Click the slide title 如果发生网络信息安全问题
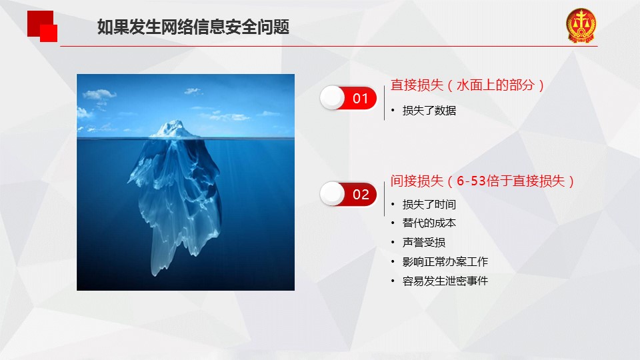coord(193,27)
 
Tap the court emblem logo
coord(581,26)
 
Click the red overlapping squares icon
coord(42,26)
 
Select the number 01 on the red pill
coord(361,99)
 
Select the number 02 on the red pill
coord(361,194)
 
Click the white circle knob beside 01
coord(333,98)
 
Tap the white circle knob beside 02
coord(333,194)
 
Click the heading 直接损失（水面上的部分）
coord(467,85)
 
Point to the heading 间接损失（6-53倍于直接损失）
coord(482,181)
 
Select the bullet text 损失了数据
coord(429,111)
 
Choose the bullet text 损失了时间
coord(429,204)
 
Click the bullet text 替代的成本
coord(429,223)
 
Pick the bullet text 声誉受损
coord(424,243)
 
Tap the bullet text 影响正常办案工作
coord(445,261)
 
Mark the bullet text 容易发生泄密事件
coord(445,281)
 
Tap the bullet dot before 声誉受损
coord(393,243)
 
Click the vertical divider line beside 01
coord(384,103)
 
